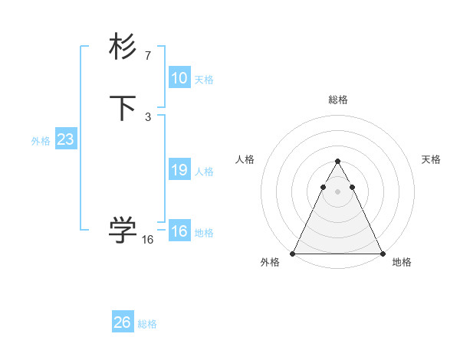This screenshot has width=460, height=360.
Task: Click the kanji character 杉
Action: [123, 47]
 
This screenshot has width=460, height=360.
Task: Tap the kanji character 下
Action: [123, 108]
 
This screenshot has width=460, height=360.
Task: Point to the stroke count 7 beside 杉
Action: [148, 56]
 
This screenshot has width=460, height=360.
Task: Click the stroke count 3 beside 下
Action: [148, 117]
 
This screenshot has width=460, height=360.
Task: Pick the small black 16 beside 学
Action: [148, 240]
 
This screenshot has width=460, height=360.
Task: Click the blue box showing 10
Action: [179, 78]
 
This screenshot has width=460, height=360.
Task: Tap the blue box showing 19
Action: [179, 170]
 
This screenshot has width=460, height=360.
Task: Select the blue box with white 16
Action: [179, 231]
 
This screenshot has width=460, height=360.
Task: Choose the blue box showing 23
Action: [65, 139]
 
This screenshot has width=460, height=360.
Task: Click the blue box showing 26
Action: [123, 322]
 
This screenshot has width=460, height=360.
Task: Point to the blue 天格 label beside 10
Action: [204, 80]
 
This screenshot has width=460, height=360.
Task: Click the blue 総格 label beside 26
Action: [147, 324]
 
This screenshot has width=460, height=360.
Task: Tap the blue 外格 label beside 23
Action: [41, 141]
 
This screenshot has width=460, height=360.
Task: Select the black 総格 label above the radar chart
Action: [338, 100]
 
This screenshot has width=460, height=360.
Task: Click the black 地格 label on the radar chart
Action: [402, 263]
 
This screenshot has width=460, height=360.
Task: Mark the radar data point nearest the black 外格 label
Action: [293, 254]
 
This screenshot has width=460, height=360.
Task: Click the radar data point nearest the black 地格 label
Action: [383, 254]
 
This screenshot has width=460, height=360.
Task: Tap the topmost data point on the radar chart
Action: [337, 162]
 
